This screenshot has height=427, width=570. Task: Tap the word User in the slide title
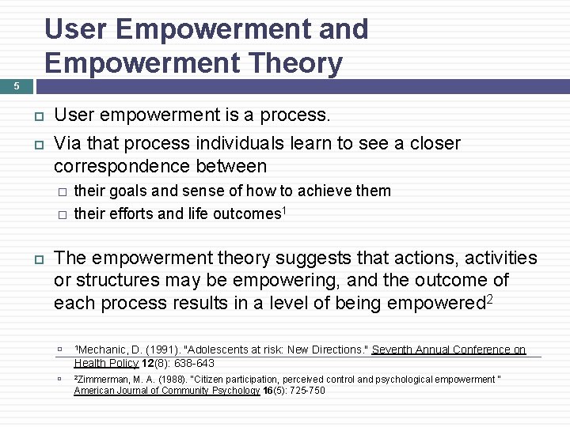(77, 28)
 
